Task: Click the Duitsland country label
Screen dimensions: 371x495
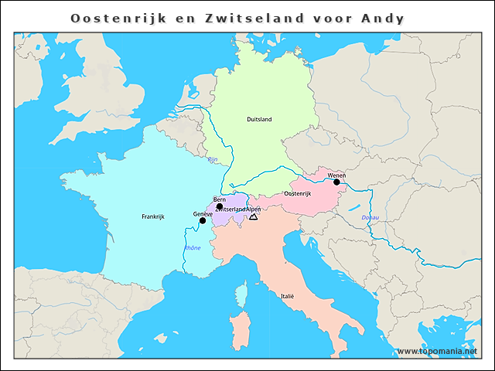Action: pos(259,120)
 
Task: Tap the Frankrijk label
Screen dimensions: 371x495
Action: pos(153,217)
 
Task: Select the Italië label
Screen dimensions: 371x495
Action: pos(287,295)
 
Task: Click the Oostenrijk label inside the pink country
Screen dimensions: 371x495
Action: pos(298,193)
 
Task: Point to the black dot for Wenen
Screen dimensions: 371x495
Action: pos(336,182)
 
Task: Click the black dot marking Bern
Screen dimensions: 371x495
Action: pos(220,206)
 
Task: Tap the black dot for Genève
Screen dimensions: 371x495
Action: pos(203,220)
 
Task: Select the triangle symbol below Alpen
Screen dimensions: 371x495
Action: pos(253,218)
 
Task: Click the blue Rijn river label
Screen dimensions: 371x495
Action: pos(213,160)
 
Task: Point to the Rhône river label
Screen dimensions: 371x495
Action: pos(192,248)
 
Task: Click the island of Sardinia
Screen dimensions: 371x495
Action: pos(240,328)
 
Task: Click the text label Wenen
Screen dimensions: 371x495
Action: pos(336,175)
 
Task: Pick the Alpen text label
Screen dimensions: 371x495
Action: pos(254,209)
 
